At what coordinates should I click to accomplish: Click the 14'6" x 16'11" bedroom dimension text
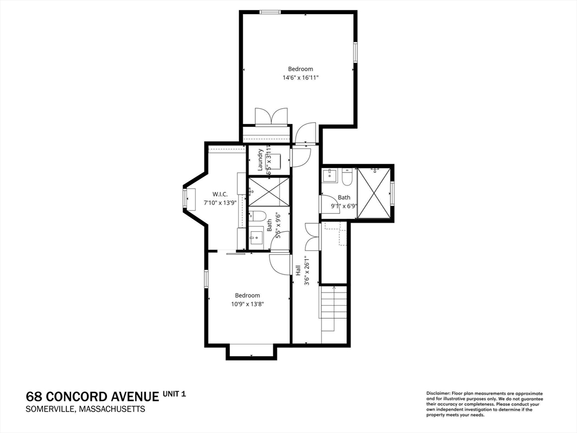(300, 78)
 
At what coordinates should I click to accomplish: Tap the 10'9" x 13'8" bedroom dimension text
(247, 304)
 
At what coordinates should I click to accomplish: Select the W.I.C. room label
(220, 194)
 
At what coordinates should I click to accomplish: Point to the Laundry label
(260, 160)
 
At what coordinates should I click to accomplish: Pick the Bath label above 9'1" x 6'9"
(344, 197)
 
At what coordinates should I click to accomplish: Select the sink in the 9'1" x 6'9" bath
(329, 175)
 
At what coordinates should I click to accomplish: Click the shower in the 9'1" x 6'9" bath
(374, 193)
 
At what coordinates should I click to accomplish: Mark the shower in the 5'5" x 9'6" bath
(269, 192)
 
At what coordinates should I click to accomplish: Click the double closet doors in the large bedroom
(271, 117)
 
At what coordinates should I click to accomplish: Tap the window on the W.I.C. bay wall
(184, 200)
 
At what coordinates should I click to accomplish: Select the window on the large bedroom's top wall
(270, 12)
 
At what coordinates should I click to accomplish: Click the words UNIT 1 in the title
(175, 394)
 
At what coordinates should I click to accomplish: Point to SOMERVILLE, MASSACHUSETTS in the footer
(86, 409)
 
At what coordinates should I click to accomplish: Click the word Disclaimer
(438, 394)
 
